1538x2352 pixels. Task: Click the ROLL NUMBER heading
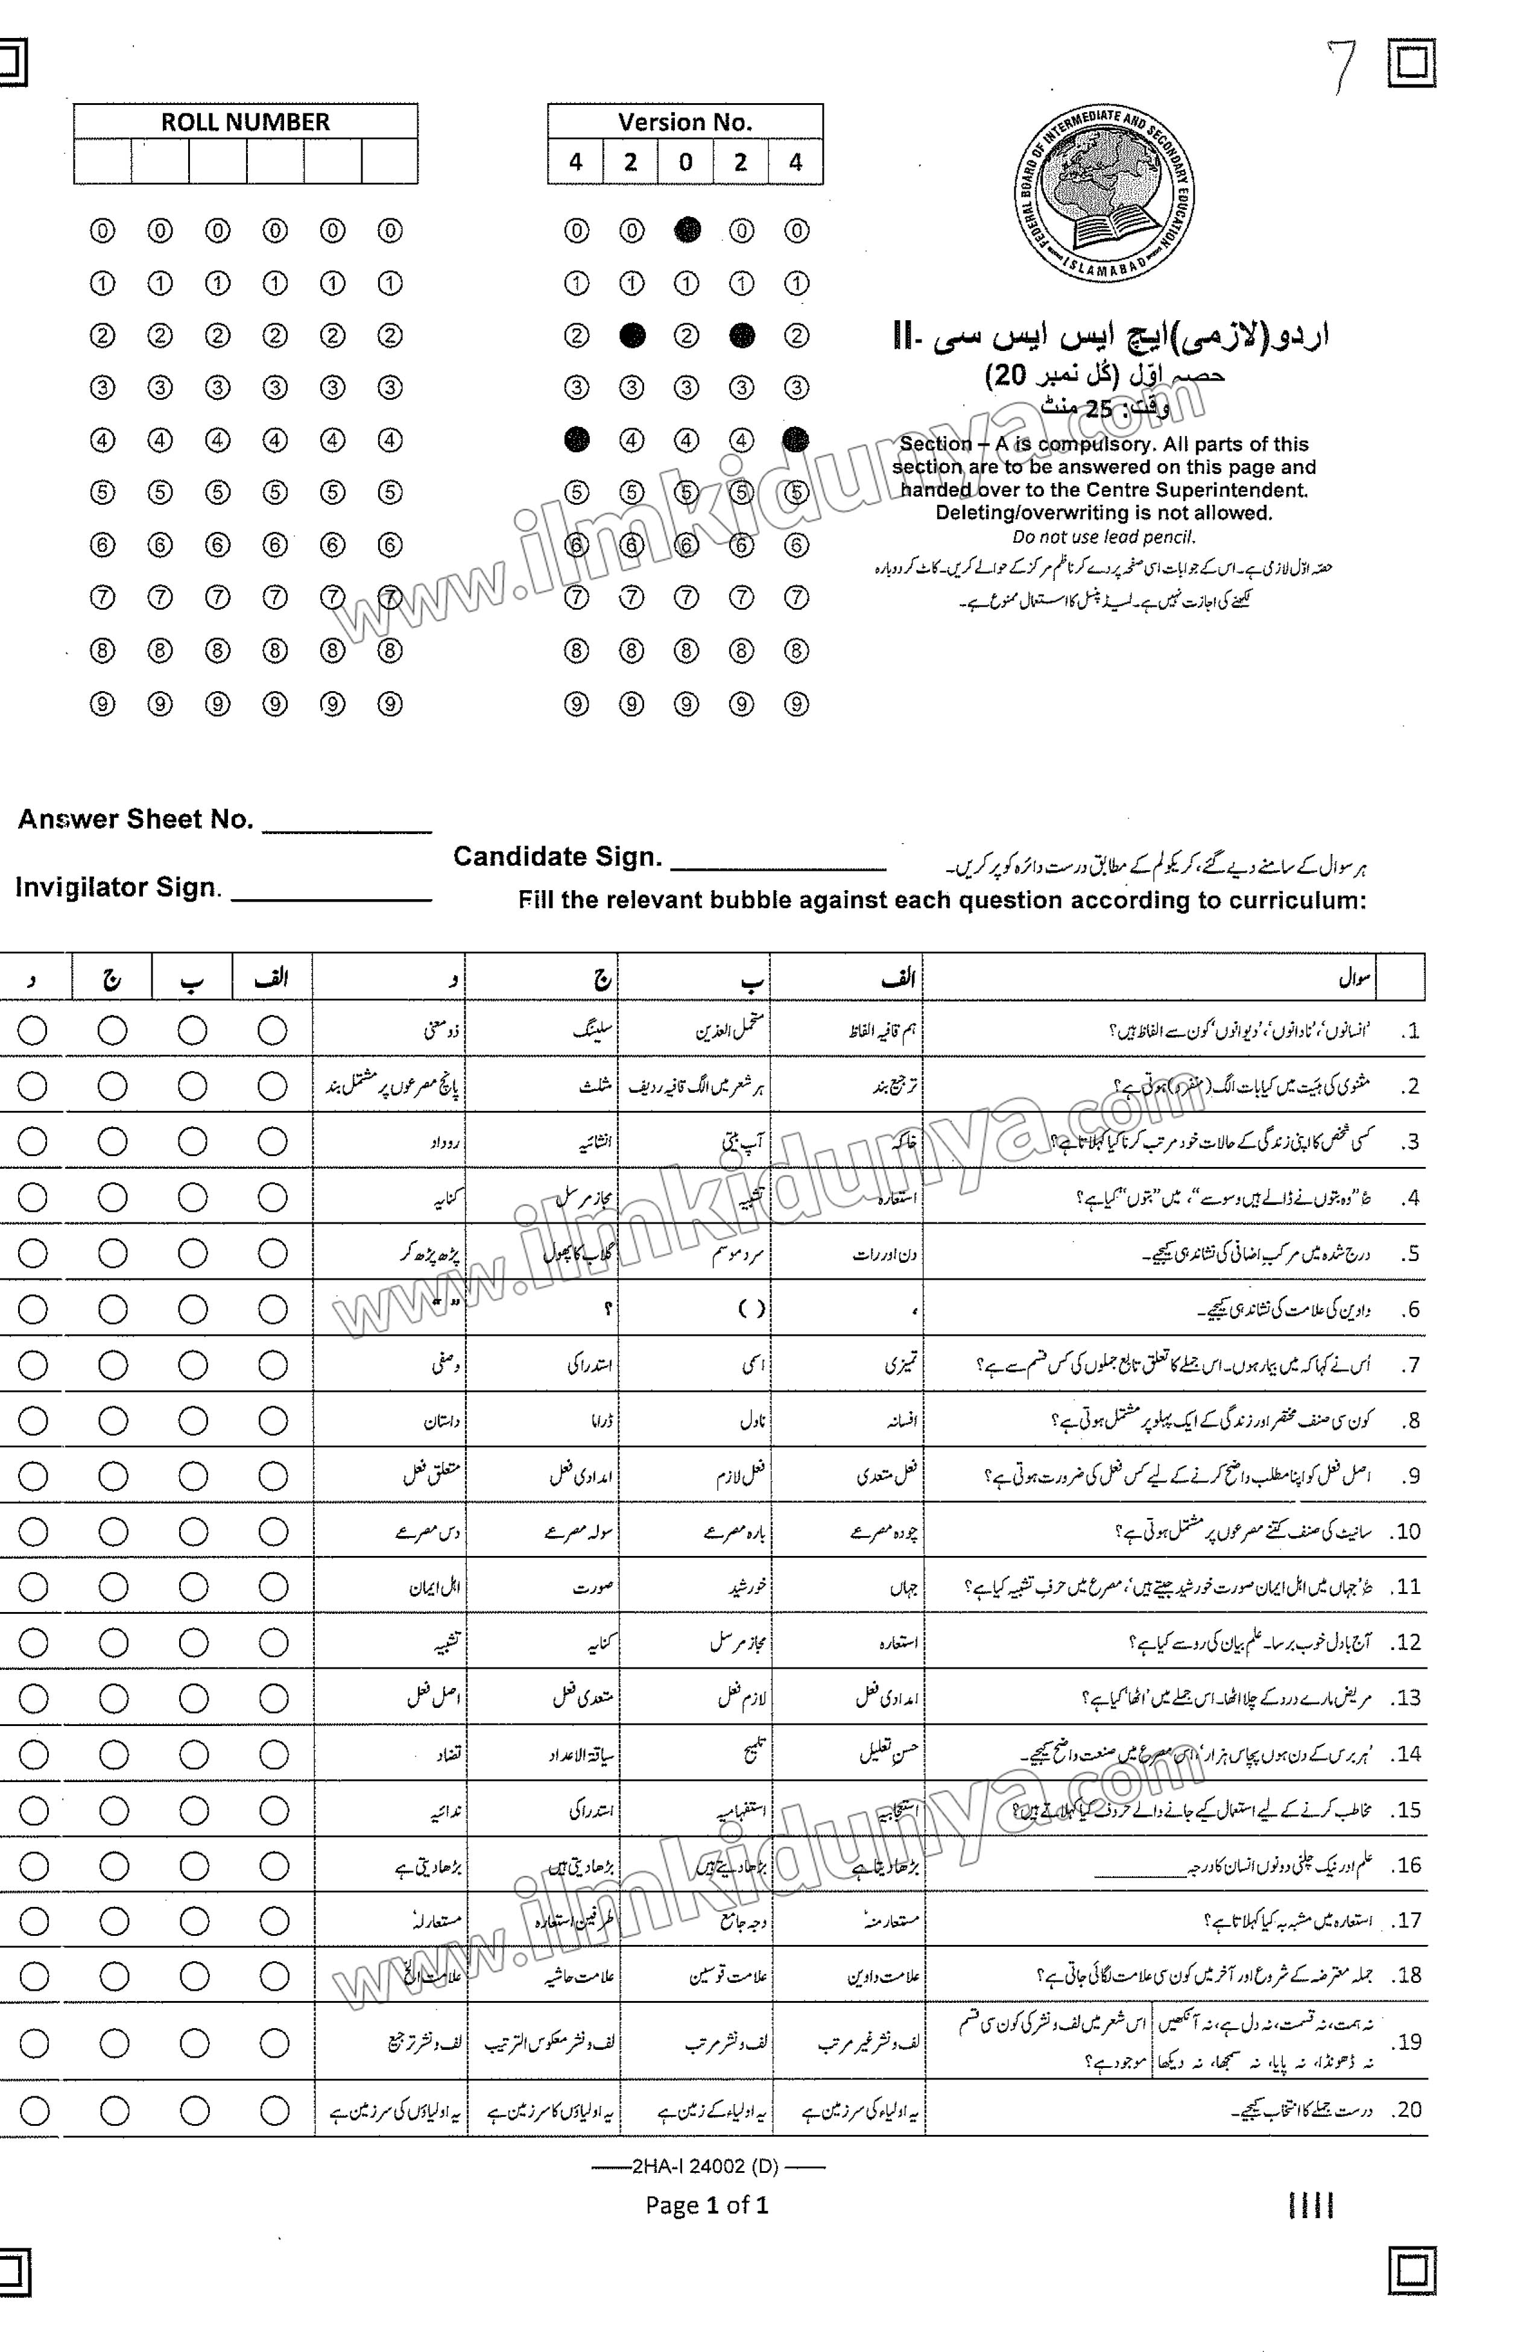point(245,122)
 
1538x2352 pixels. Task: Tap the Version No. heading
point(685,122)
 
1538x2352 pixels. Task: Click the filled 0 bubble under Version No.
point(687,230)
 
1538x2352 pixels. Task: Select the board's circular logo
point(1104,195)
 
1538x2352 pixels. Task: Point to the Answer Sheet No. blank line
point(347,828)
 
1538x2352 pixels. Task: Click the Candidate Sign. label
point(557,857)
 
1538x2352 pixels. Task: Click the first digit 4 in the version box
point(575,162)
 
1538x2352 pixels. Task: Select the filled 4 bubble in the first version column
point(576,440)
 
